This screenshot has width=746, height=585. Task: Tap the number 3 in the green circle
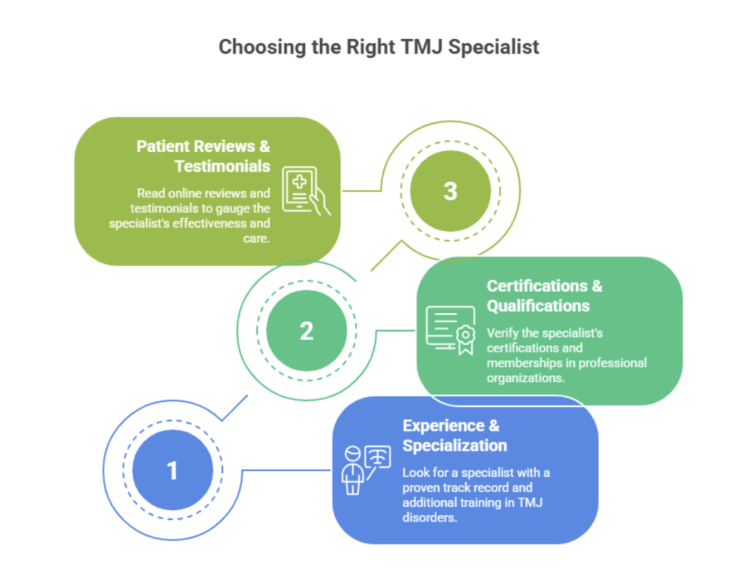[x=450, y=191]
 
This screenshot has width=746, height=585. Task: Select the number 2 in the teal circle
[x=307, y=331]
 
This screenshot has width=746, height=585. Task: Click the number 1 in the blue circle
[x=172, y=470]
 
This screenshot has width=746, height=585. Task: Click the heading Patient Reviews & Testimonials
[x=203, y=156]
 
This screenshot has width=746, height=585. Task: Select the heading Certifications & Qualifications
[x=544, y=295]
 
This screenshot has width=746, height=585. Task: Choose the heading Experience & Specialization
[x=454, y=435]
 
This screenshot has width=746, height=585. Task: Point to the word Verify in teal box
[x=502, y=333]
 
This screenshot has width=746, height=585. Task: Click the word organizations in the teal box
[x=525, y=378]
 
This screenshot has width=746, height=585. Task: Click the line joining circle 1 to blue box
[x=286, y=470]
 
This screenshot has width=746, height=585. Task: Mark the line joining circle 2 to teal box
[x=396, y=330]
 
